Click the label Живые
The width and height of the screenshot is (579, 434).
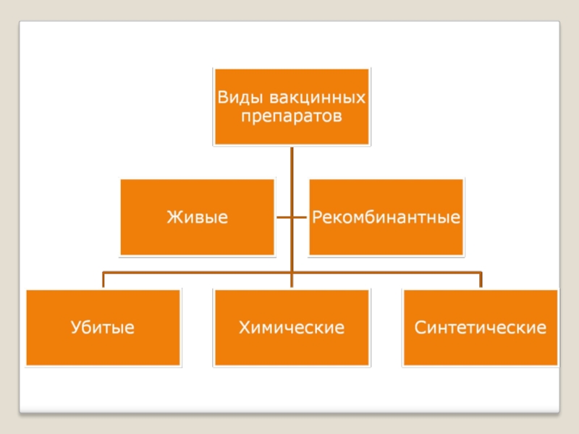197,217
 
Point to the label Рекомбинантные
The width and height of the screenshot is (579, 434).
386,217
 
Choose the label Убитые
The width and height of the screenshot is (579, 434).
103,328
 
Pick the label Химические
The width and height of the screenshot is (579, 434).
291,328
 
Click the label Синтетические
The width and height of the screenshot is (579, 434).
481,328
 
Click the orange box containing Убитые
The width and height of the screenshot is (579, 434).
103,347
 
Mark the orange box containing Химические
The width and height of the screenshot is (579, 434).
291,347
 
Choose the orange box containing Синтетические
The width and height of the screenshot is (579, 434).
481,347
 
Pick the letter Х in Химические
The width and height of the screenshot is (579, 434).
244,328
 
